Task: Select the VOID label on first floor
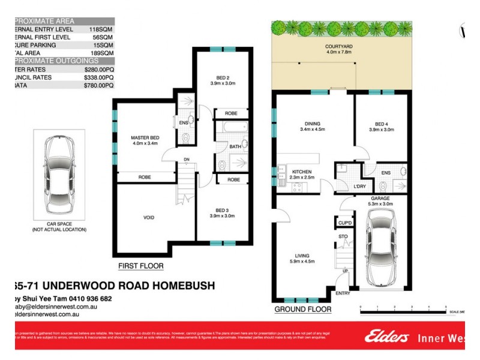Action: coord(149,218)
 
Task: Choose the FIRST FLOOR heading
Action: coord(141,266)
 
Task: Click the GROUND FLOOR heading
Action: coord(302,310)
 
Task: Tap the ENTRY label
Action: coord(343,293)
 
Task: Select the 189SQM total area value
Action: coord(102,53)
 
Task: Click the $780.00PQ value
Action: coord(98,86)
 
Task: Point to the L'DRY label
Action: coord(360,187)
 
